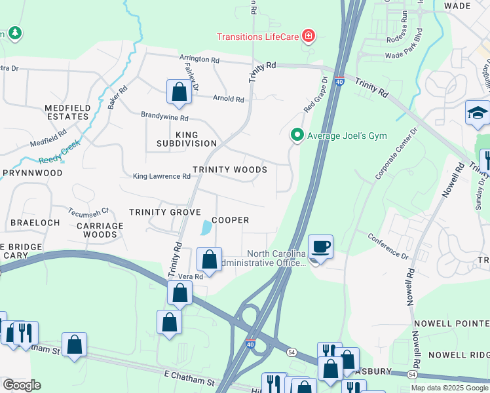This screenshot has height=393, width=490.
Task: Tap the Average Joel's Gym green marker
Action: coord(297,136)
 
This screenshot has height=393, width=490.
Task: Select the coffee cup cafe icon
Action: coord(320,247)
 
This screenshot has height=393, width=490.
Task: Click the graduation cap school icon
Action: coord(478,113)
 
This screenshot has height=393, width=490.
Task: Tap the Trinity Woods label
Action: coord(230,170)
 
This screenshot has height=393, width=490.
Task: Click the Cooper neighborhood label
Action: coord(230,220)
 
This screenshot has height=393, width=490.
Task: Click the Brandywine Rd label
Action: coord(164,118)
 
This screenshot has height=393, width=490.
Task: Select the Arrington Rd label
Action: coord(200,59)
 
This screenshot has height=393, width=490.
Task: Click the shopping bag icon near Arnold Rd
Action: coord(178,92)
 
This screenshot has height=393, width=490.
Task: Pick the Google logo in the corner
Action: coord(22,384)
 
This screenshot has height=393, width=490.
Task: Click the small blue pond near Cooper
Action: coord(206,228)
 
